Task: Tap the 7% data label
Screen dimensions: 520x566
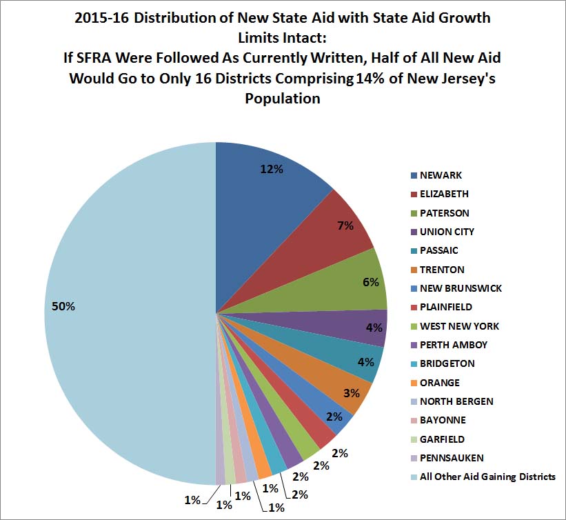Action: (x=345, y=226)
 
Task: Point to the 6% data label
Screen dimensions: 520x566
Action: (x=371, y=282)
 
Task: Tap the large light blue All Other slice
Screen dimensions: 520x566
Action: (x=124, y=310)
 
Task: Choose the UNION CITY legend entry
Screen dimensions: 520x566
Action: (x=447, y=232)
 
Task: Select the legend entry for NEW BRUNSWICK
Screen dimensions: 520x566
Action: (x=460, y=288)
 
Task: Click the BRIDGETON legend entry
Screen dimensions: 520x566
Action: (x=447, y=363)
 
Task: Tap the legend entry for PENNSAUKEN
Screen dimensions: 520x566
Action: (x=452, y=458)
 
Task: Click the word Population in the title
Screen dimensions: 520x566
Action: (x=283, y=99)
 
